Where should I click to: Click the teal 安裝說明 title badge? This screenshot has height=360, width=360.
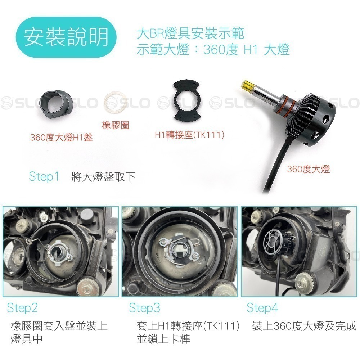(66, 37)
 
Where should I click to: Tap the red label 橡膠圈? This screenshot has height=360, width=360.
(116, 125)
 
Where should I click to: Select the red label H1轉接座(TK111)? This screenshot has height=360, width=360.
(190, 135)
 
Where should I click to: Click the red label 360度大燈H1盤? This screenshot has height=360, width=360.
(61, 138)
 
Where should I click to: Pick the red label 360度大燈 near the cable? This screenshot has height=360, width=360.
(308, 169)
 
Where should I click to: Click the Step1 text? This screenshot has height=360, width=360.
(44, 177)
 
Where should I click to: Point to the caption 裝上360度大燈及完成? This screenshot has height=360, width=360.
(304, 326)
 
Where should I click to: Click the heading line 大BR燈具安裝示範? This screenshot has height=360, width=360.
(190, 34)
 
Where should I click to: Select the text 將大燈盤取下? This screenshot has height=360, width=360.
(103, 177)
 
